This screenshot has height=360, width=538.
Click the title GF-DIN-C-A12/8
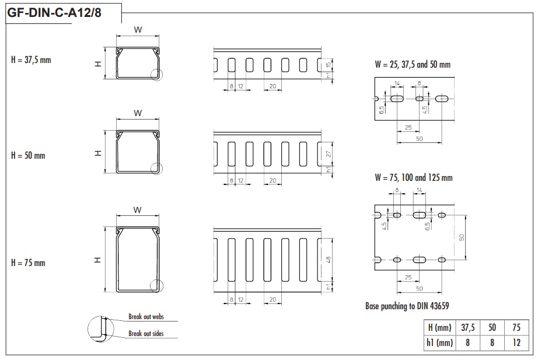[54, 13]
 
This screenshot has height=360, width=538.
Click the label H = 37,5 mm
[31, 60]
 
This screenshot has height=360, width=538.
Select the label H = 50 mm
[28, 155]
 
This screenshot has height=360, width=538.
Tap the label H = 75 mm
[28, 263]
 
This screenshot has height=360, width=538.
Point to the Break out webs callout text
[146, 316]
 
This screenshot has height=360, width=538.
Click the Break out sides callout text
[146, 333]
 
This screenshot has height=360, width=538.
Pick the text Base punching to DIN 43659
[407, 306]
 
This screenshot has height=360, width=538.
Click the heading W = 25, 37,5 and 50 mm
[413, 64]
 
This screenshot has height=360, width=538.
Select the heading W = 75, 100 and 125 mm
[414, 177]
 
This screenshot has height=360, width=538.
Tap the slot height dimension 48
[329, 260]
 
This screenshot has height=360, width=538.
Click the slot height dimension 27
[329, 154]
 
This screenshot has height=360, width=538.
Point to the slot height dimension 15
[329, 65]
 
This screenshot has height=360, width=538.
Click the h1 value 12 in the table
[517, 342]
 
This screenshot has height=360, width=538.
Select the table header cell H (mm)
[439, 327]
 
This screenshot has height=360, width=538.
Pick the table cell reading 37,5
[467, 327]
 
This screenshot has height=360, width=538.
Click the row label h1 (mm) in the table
[439, 342]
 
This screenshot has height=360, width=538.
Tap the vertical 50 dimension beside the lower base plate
[462, 237]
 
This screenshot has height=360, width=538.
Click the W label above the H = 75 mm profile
[137, 210]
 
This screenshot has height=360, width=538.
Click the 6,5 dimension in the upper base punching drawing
[381, 110]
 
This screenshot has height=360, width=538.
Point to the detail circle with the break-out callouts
[100, 329]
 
